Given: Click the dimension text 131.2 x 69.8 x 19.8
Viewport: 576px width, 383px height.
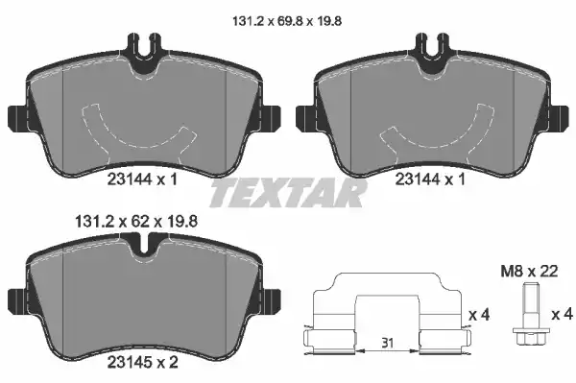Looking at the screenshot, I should (287, 17).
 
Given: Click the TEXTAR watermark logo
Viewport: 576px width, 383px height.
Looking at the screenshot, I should (288, 196).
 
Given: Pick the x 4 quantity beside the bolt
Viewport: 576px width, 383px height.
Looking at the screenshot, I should (564, 313).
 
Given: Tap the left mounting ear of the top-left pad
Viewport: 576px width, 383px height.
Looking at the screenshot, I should (15, 116).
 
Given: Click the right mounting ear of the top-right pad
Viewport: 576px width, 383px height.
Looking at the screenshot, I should (559, 116).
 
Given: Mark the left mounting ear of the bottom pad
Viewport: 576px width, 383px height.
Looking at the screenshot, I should (16, 298).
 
